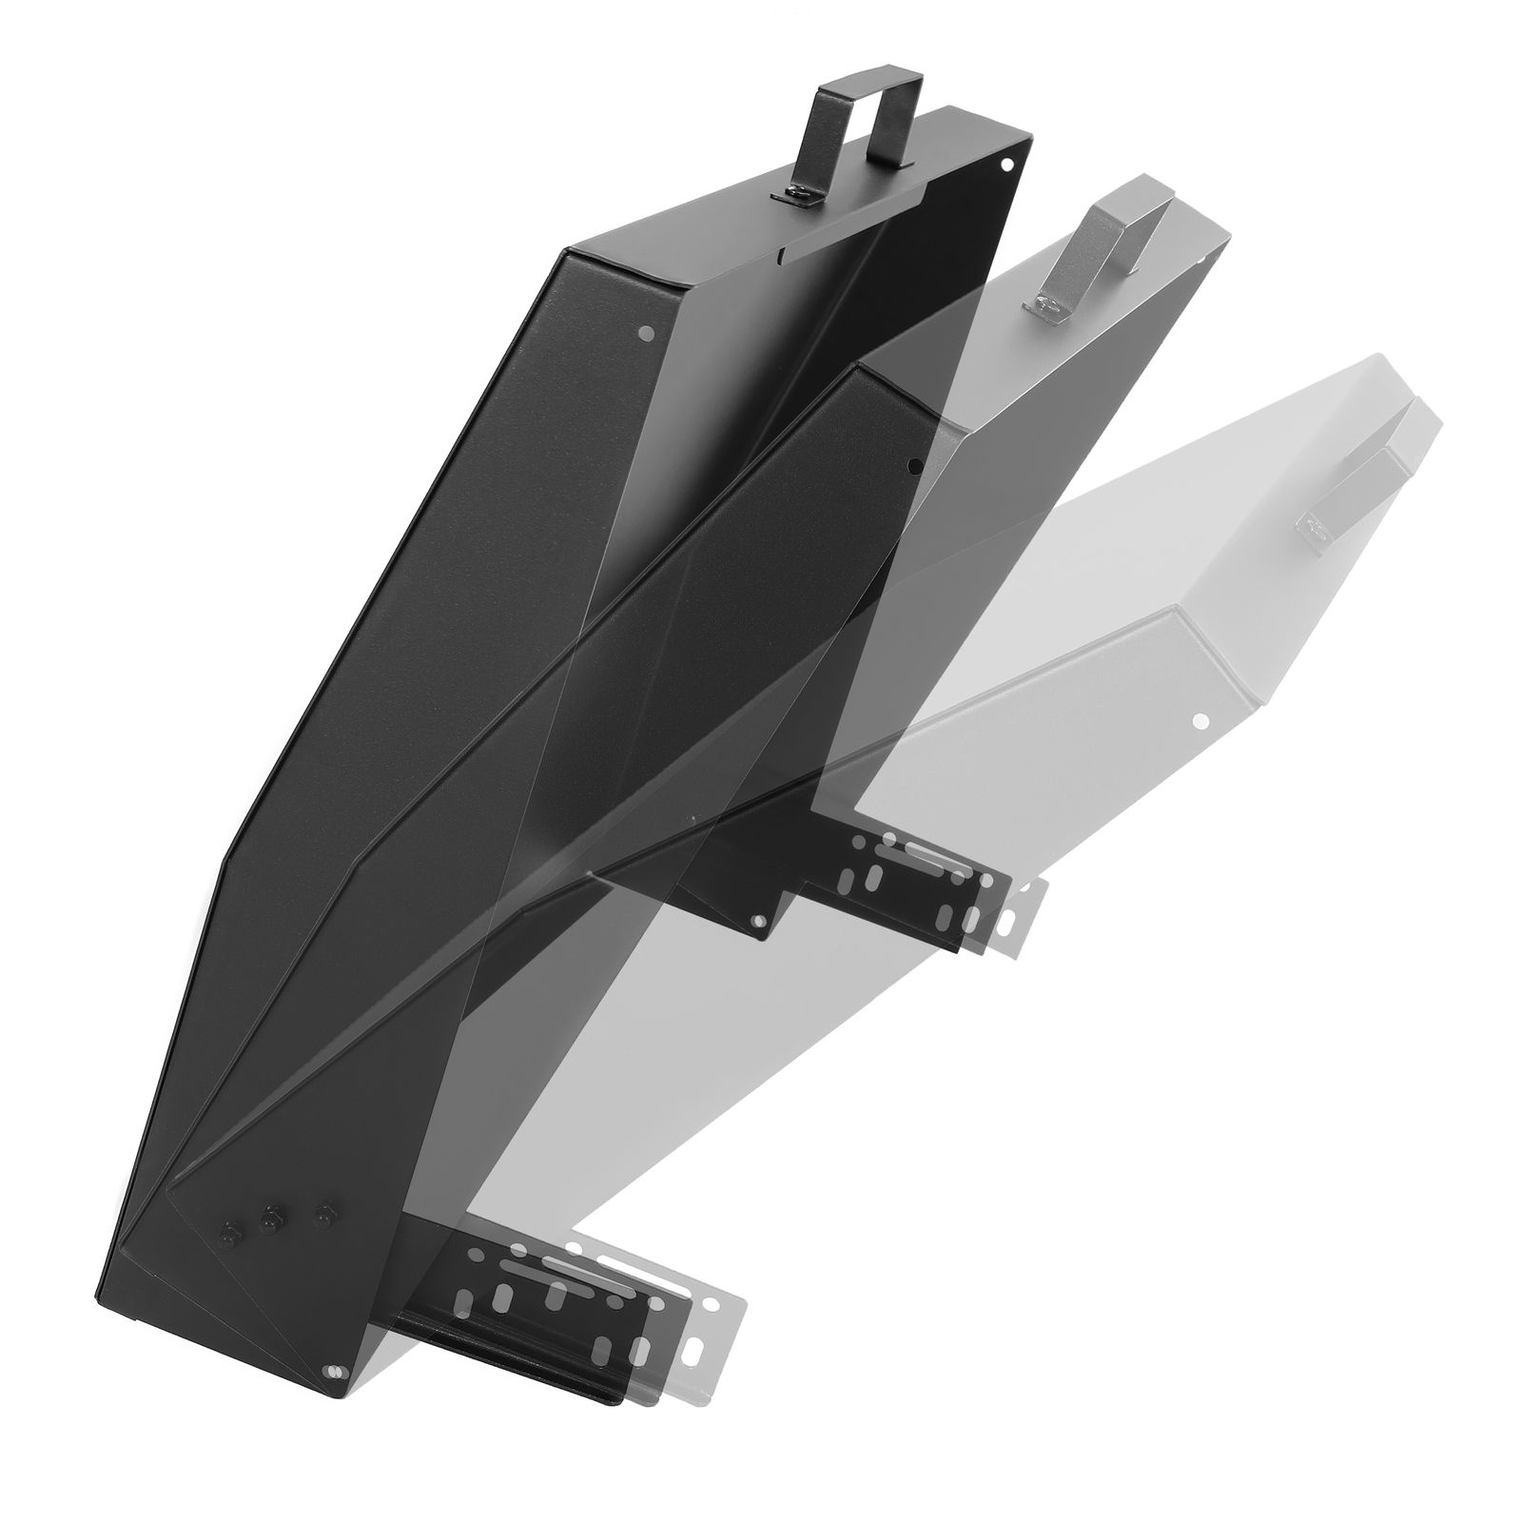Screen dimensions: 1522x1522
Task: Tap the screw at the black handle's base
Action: coord(799,195)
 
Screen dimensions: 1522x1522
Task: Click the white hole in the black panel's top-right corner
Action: coord(1005,164)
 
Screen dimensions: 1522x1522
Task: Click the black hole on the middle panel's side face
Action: coord(913,465)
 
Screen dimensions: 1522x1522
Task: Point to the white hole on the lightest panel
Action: coord(1200,720)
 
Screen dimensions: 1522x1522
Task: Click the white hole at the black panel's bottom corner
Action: coord(332,1371)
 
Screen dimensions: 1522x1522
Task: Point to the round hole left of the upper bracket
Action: coord(758,923)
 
